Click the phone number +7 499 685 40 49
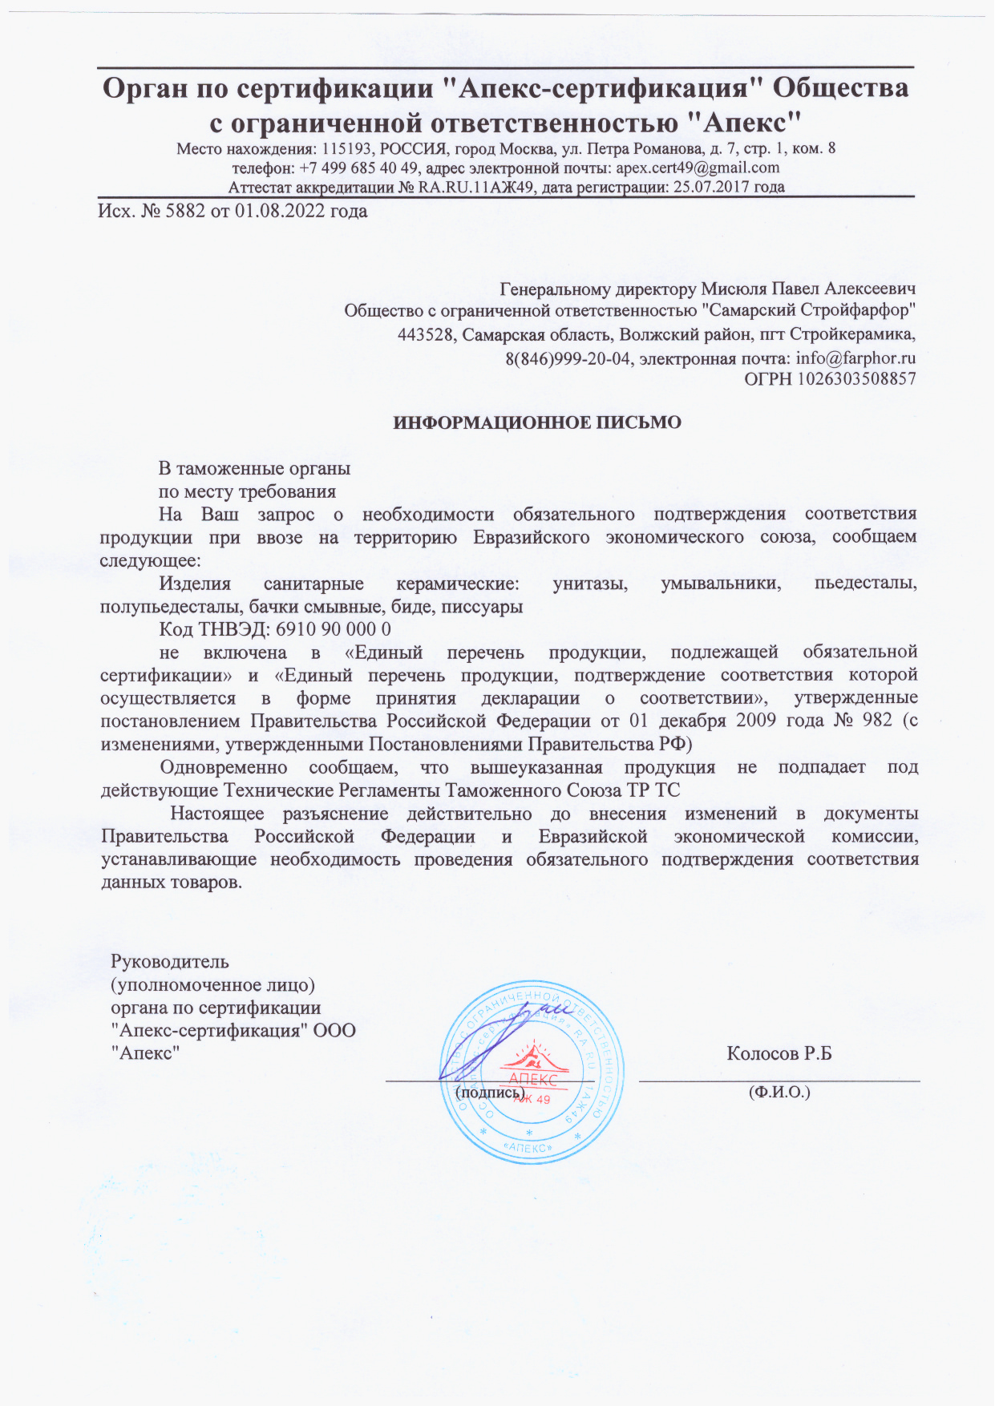(358, 168)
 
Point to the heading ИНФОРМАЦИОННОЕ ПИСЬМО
(537, 422)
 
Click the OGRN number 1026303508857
(855, 379)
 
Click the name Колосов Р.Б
(779, 1053)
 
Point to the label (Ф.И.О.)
(779, 1092)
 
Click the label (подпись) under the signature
(490, 1092)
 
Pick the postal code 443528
(427, 335)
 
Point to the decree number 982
(877, 720)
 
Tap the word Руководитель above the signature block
(170, 961)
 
